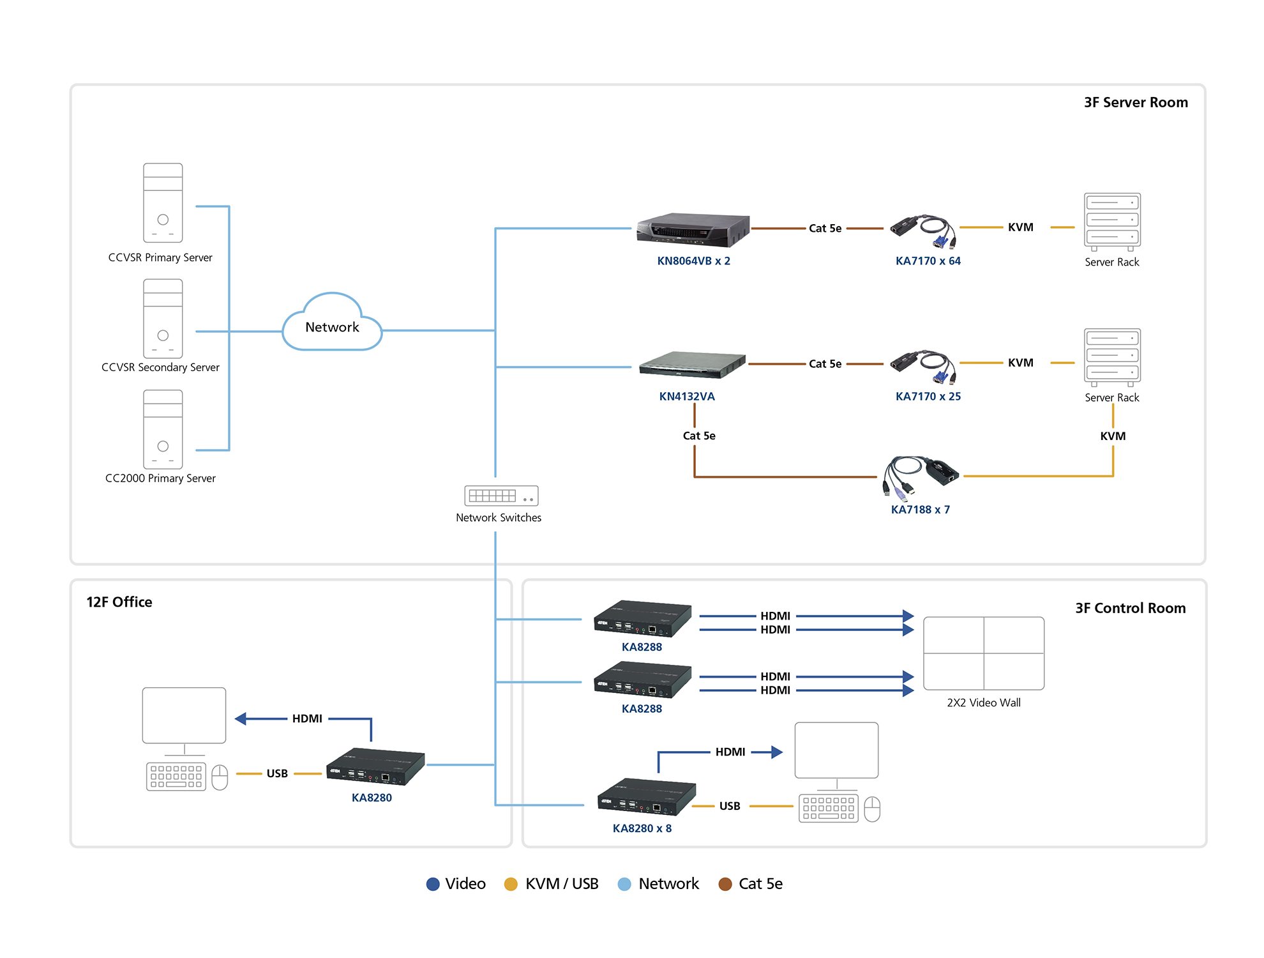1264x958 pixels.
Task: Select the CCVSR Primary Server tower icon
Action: (x=163, y=203)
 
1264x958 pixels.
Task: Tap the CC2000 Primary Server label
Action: (x=160, y=478)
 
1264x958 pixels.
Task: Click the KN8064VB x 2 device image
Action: (x=693, y=230)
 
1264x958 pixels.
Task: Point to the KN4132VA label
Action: (x=687, y=397)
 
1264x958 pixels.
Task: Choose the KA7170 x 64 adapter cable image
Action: (x=924, y=231)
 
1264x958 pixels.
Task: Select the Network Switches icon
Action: (x=501, y=496)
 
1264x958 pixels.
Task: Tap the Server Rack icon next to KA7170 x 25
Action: (x=1112, y=357)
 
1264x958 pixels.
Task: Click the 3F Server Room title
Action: (x=1136, y=103)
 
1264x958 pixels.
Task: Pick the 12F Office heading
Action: (x=119, y=602)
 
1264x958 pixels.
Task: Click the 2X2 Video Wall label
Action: (x=984, y=703)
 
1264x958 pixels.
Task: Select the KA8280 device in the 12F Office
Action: (x=375, y=766)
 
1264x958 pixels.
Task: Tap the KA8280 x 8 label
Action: (x=642, y=829)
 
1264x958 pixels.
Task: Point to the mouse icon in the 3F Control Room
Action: (x=872, y=809)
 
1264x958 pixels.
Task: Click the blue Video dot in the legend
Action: (x=433, y=884)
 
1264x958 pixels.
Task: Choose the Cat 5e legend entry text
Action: (x=760, y=884)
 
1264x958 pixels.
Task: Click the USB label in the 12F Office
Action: (x=277, y=773)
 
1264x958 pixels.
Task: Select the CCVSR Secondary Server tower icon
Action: (x=163, y=319)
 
